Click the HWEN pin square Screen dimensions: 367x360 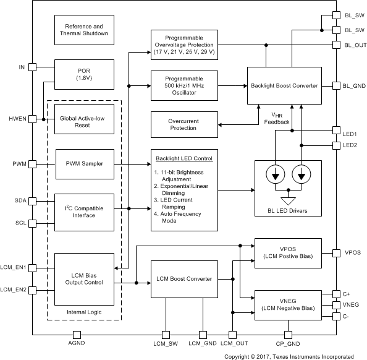[32, 119]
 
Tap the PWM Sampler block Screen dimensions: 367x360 [85, 164]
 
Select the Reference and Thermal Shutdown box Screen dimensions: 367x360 [84, 30]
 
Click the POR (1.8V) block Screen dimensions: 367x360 [84, 74]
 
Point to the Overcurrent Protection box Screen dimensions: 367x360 [184, 124]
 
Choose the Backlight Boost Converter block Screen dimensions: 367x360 [284, 85]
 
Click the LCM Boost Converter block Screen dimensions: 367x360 [184, 279]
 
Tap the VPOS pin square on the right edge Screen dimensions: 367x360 [336, 253]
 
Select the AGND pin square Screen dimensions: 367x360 [77, 335]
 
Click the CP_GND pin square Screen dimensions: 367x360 [288, 335]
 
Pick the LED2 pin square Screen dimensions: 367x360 [336, 145]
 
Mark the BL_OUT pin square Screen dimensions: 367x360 [336, 45]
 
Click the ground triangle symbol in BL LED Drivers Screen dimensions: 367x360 [288, 201]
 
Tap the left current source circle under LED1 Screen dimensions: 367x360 [276, 174]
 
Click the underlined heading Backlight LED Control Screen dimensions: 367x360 [184, 158]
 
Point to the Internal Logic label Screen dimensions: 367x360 [84, 312]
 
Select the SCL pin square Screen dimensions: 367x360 [32, 223]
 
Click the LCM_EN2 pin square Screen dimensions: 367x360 [32, 290]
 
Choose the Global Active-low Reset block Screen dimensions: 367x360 [84, 119]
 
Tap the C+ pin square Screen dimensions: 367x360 [336, 294]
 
